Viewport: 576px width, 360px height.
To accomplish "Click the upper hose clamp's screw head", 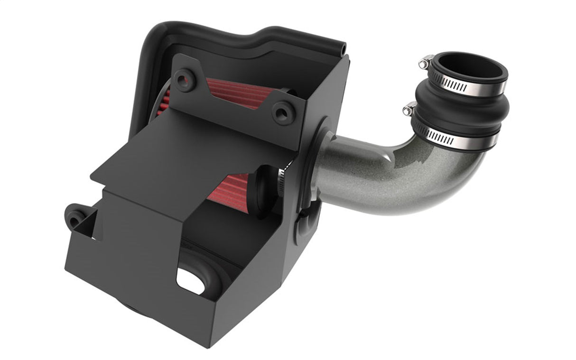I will click(424, 62).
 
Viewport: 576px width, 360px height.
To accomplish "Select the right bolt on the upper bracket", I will click(283, 111).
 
